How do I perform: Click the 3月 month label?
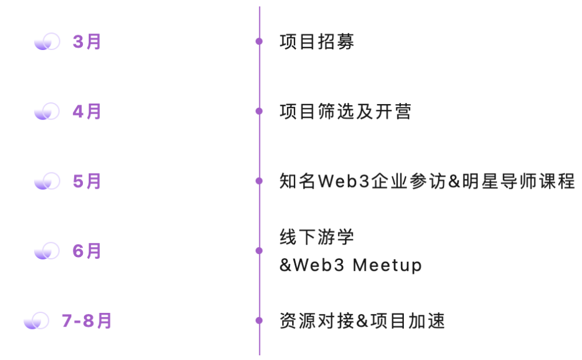[x=87, y=42]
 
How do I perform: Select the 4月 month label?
[x=87, y=111]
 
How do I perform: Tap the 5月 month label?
[x=87, y=181]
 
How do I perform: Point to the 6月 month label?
[x=87, y=251]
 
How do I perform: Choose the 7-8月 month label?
[x=87, y=321]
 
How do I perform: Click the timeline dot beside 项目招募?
[x=259, y=41]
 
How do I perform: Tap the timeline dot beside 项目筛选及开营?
[x=259, y=111]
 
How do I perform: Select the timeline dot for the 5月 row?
[x=259, y=181]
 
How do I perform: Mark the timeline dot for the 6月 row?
[x=259, y=251]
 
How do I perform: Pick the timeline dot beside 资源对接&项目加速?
[x=259, y=321]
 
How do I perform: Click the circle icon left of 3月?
[x=47, y=42]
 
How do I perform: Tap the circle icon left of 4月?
[x=47, y=111]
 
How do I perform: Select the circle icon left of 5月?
[x=47, y=181]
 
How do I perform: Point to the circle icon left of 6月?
[x=47, y=251]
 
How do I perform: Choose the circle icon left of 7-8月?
[x=36, y=321]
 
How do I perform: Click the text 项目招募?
[x=317, y=42]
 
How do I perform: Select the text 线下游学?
[x=317, y=237]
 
